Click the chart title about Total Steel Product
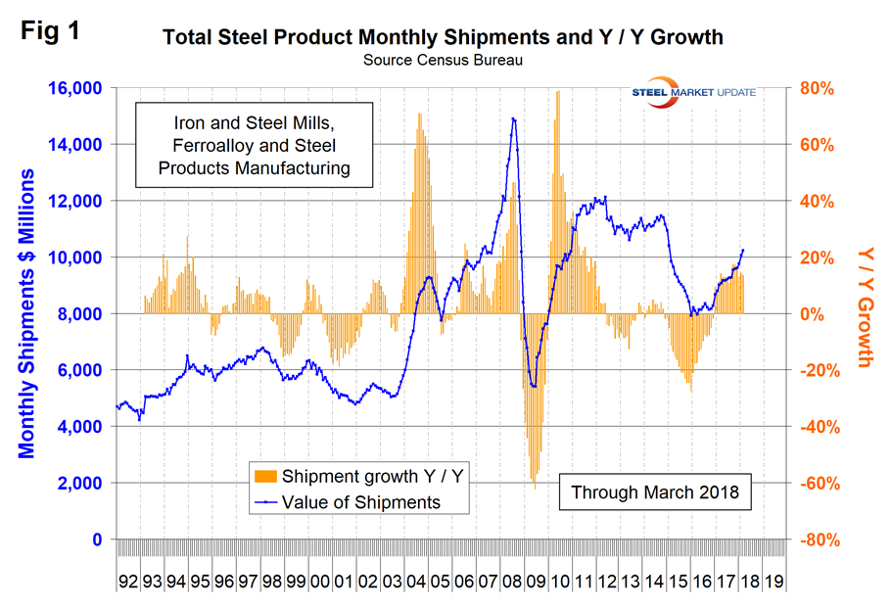pos(443,39)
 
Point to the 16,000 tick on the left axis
pos(74,88)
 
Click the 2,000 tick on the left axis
pos(80,484)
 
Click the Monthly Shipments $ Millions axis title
pos(27,313)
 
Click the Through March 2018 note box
pos(655,492)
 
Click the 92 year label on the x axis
pos(128,580)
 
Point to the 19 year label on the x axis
pos(774,580)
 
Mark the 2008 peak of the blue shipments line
pos(513,118)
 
